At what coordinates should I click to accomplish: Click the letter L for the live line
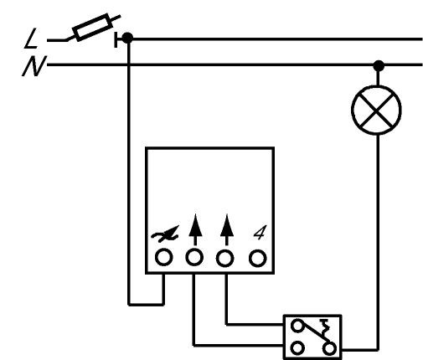click(x=31, y=39)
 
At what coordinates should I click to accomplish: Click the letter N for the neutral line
click(x=34, y=66)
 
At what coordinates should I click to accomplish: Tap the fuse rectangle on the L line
click(x=93, y=27)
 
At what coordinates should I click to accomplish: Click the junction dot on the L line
click(x=127, y=38)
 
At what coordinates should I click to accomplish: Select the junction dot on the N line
click(x=379, y=66)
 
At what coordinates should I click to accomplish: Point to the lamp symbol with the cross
click(x=376, y=111)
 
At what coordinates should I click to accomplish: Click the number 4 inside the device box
click(x=261, y=232)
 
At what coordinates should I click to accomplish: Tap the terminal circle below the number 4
click(x=257, y=259)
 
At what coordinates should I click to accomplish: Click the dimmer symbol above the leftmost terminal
click(x=165, y=234)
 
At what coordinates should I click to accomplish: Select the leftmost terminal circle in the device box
click(x=163, y=257)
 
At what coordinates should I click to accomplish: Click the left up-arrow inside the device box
click(x=195, y=229)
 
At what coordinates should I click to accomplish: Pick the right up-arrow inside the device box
click(x=227, y=229)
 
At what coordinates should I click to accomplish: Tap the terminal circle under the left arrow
click(x=194, y=257)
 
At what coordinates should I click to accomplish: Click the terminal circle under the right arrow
click(x=225, y=258)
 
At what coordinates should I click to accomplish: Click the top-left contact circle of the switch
click(x=297, y=326)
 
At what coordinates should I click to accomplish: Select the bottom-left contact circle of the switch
click(x=297, y=348)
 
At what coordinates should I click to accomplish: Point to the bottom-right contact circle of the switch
click(x=329, y=348)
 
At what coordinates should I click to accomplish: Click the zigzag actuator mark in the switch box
click(x=325, y=327)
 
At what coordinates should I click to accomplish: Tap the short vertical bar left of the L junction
click(x=116, y=39)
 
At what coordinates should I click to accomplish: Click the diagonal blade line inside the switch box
click(x=314, y=333)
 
